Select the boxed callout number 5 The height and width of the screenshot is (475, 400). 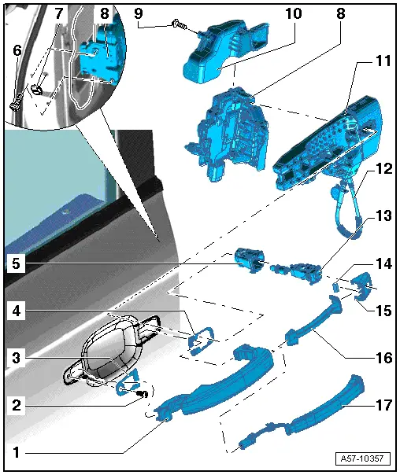13,264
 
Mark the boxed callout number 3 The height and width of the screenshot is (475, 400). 13,357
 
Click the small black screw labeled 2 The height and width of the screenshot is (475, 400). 143,394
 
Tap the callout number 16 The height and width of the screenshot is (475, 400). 383,357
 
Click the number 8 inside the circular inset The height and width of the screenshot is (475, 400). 106,14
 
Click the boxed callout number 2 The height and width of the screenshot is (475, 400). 13,407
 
